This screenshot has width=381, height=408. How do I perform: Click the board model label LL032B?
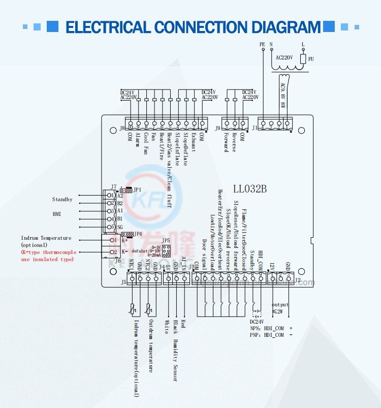250,189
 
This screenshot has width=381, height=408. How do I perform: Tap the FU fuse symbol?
303,59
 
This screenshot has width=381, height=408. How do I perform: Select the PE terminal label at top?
262,45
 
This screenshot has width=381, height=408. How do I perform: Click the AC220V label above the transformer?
284,58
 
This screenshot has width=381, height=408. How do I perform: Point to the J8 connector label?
122,129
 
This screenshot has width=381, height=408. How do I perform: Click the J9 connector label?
218,129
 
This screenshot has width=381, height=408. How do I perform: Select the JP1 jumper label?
137,189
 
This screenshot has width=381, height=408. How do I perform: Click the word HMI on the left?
57,214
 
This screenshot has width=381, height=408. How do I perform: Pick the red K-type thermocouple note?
48,256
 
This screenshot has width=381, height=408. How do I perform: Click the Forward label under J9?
226,142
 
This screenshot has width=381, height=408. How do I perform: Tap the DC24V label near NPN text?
257,322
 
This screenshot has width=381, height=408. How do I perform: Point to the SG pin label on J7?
120,227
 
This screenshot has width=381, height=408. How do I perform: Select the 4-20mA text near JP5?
154,255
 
